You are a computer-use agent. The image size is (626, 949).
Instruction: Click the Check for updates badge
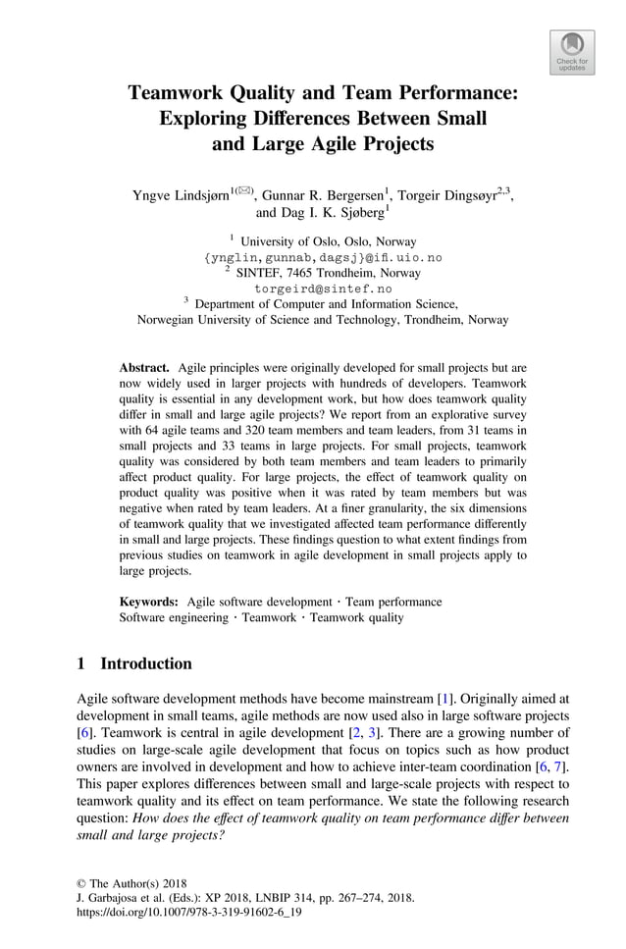(x=572, y=52)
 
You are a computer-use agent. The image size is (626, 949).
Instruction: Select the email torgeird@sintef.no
(x=323, y=289)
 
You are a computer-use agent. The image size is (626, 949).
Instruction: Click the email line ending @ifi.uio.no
(x=323, y=257)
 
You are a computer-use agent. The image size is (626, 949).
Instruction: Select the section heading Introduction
(x=146, y=663)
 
